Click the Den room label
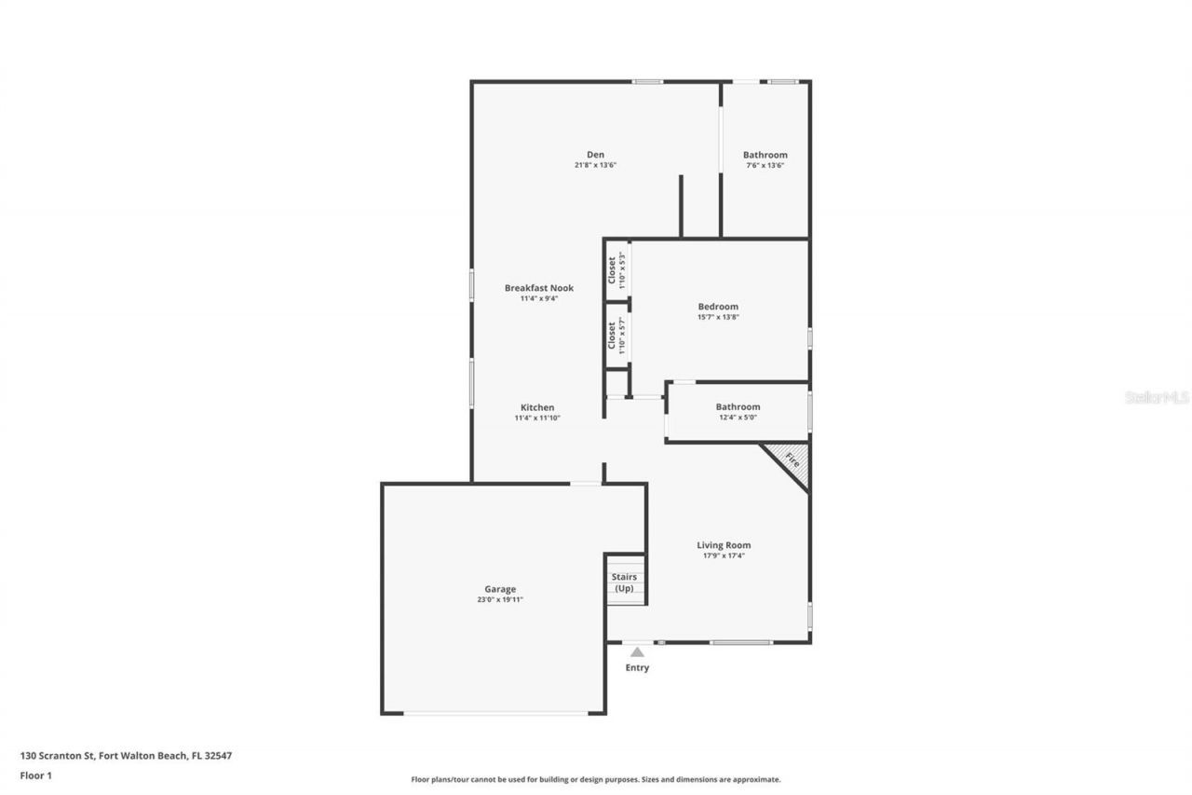(595, 155)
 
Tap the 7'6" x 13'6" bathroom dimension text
(765, 166)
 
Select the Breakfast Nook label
(538, 288)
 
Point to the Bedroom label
(718, 307)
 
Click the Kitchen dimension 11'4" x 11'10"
(537, 418)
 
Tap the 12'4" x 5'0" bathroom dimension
(738, 418)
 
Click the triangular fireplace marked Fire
(792, 460)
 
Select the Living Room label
(724, 545)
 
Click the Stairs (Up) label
(624, 583)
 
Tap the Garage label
(499, 589)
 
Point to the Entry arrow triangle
(637, 652)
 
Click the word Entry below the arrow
(637, 667)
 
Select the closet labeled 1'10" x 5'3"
(616, 270)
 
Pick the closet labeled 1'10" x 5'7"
(616, 336)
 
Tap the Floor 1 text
(35, 774)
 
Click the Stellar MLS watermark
(1157, 397)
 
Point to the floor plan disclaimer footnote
(596, 779)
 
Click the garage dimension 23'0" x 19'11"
(499, 599)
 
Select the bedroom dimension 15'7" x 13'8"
(718, 317)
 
